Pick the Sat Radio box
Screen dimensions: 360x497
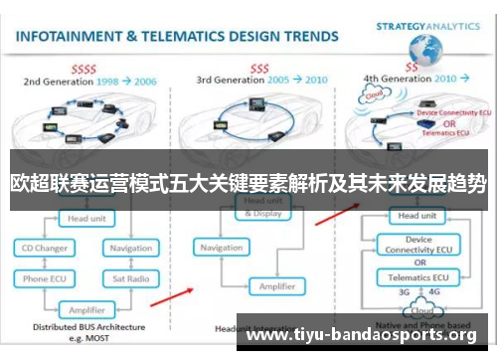[130, 280]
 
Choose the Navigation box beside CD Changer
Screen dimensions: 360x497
[130, 247]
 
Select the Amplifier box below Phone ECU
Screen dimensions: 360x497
[86, 308]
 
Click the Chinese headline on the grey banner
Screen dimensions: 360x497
[248, 184]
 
